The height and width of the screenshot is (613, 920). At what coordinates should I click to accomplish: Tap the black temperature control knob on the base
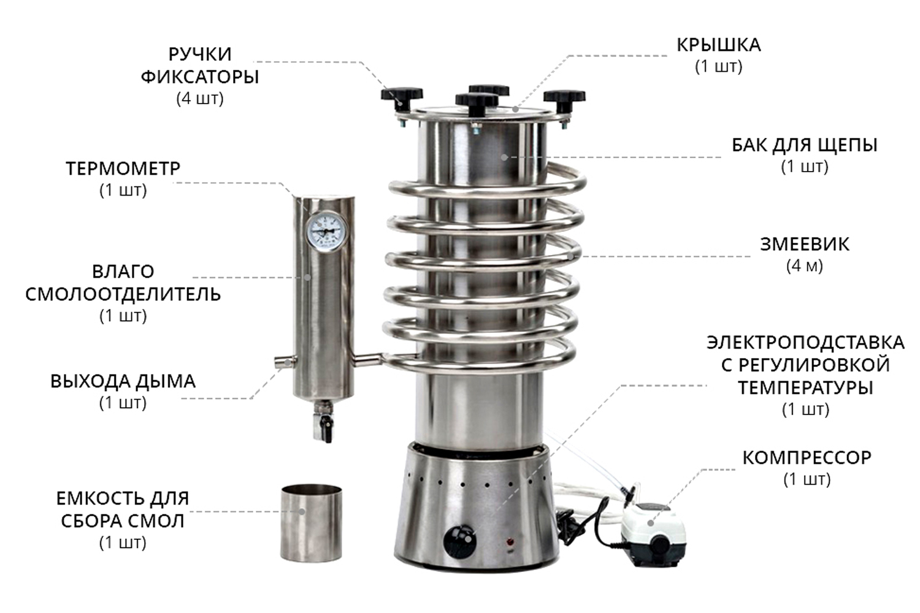[460, 541]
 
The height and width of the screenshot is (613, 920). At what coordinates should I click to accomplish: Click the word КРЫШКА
[718, 45]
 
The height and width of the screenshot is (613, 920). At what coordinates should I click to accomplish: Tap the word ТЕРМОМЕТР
[123, 169]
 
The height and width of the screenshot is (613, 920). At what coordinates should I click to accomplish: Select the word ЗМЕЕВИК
[804, 245]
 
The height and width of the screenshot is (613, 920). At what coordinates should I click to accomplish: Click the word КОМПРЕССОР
[807, 458]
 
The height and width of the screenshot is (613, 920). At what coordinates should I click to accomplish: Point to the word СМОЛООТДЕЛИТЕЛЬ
[123, 294]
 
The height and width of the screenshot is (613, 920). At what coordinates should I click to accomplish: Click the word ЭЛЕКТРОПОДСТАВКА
[805, 343]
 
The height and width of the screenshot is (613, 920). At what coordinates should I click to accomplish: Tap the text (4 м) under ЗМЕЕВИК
[805, 266]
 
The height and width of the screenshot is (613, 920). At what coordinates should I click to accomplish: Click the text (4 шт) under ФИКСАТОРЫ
[200, 99]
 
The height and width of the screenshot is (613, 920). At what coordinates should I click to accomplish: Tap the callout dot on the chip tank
[504, 158]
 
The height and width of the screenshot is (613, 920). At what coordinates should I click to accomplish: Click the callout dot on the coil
[570, 256]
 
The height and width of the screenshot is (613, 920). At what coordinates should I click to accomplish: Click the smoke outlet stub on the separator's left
[286, 362]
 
